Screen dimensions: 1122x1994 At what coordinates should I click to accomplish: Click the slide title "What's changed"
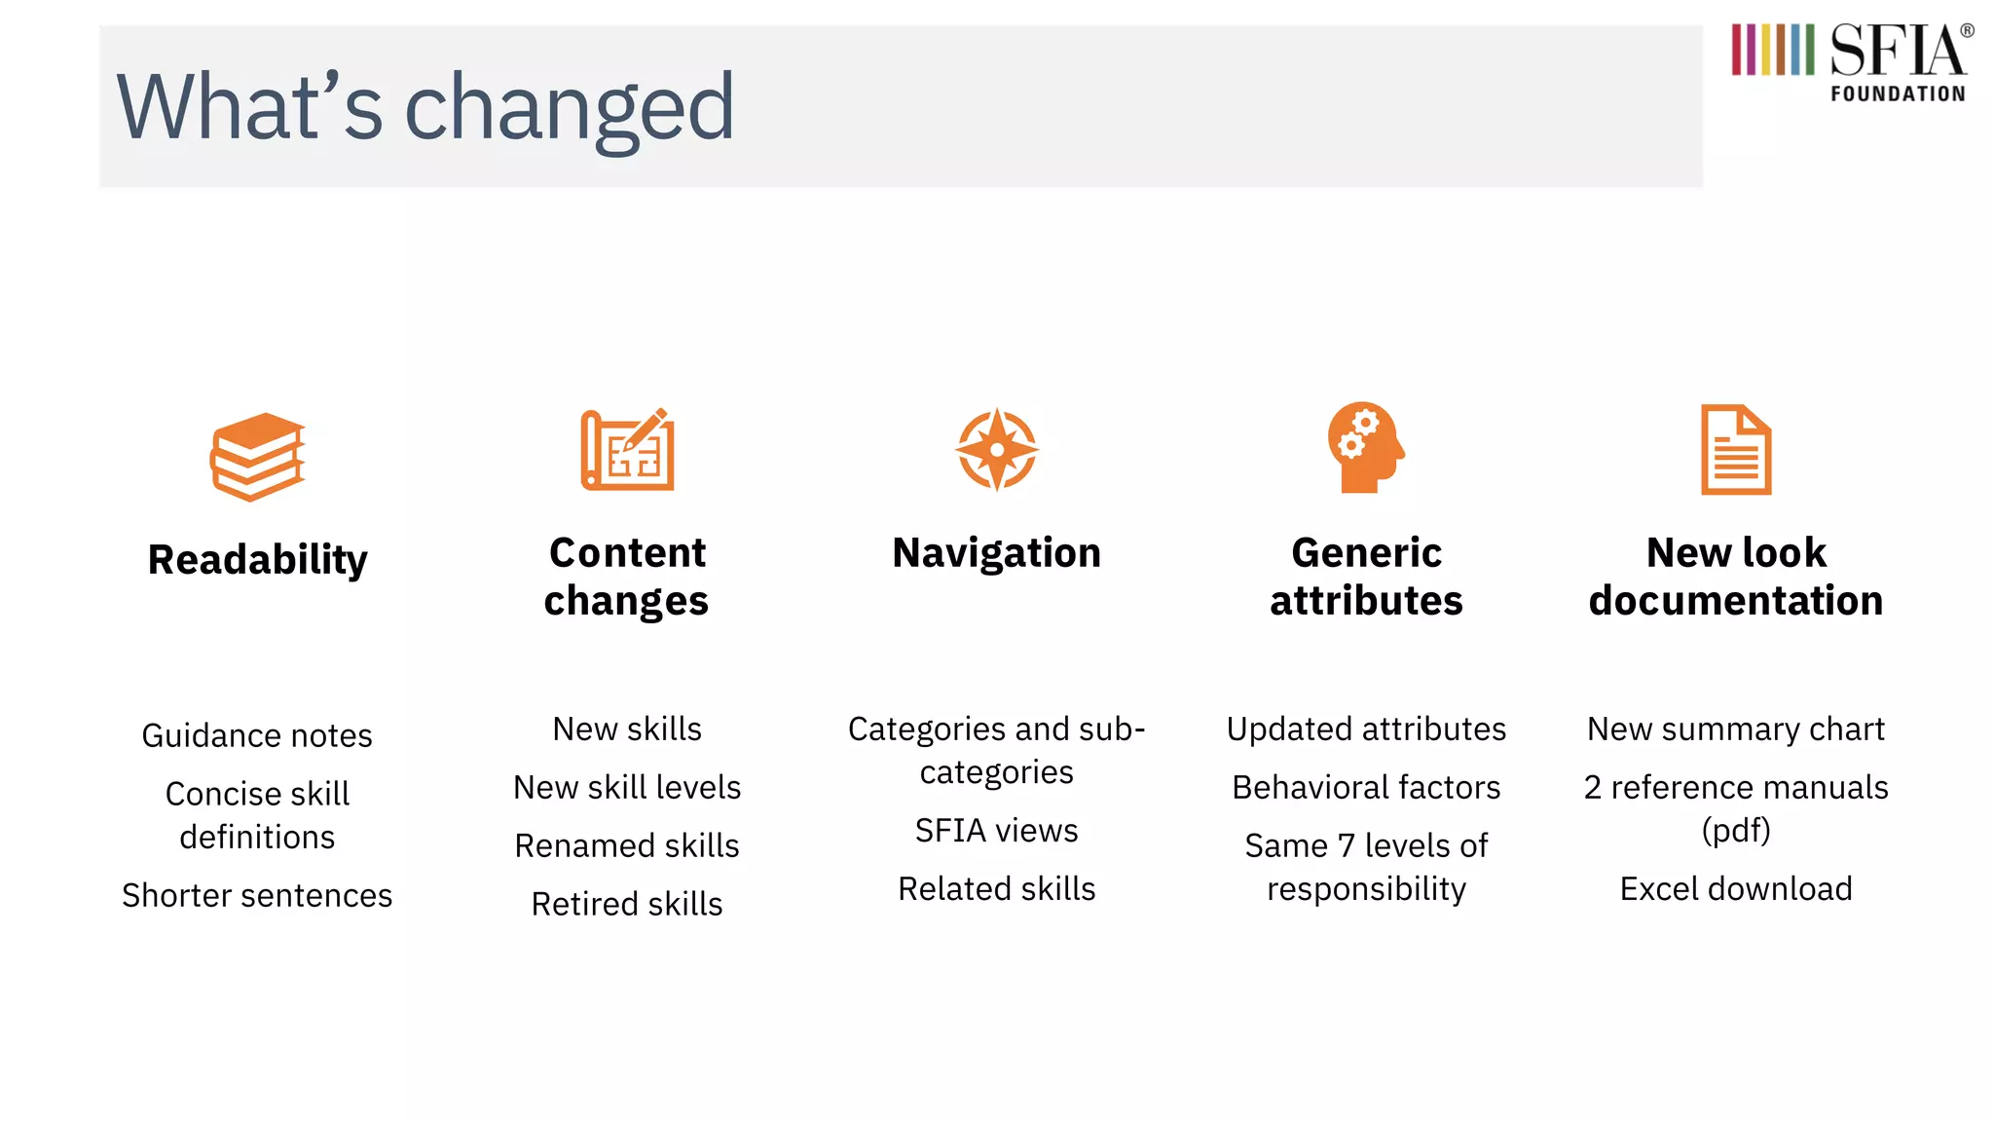point(425,107)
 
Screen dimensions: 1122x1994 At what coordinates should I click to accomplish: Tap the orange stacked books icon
point(258,456)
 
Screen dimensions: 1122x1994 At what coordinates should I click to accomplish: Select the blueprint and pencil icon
point(628,449)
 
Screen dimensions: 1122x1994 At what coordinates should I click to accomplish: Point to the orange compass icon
point(996,449)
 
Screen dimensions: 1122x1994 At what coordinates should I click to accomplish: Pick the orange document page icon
point(1736,450)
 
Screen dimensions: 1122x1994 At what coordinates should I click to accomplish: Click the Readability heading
point(258,560)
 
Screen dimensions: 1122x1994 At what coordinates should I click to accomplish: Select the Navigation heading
point(996,553)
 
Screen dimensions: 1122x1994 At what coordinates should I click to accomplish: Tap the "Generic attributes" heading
point(1366,577)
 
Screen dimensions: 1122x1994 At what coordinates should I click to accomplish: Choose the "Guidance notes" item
point(257,735)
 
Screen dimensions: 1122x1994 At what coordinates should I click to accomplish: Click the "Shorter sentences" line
point(257,895)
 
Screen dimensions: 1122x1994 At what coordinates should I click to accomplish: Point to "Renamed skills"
point(627,845)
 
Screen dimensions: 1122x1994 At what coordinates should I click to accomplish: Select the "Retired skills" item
point(627,904)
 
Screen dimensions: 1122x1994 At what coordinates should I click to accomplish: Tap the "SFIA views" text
point(996,831)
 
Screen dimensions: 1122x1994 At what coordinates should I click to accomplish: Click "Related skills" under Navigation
point(996,889)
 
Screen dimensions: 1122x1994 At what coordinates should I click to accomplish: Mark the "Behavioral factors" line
point(1366,787)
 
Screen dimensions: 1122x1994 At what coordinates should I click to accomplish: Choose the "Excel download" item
point(1736,889)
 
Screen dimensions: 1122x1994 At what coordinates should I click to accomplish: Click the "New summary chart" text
point(1736,729)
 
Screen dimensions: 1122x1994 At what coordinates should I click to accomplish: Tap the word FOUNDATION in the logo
point(1898,94)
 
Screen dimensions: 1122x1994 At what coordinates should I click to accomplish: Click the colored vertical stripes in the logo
point(1772,50)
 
